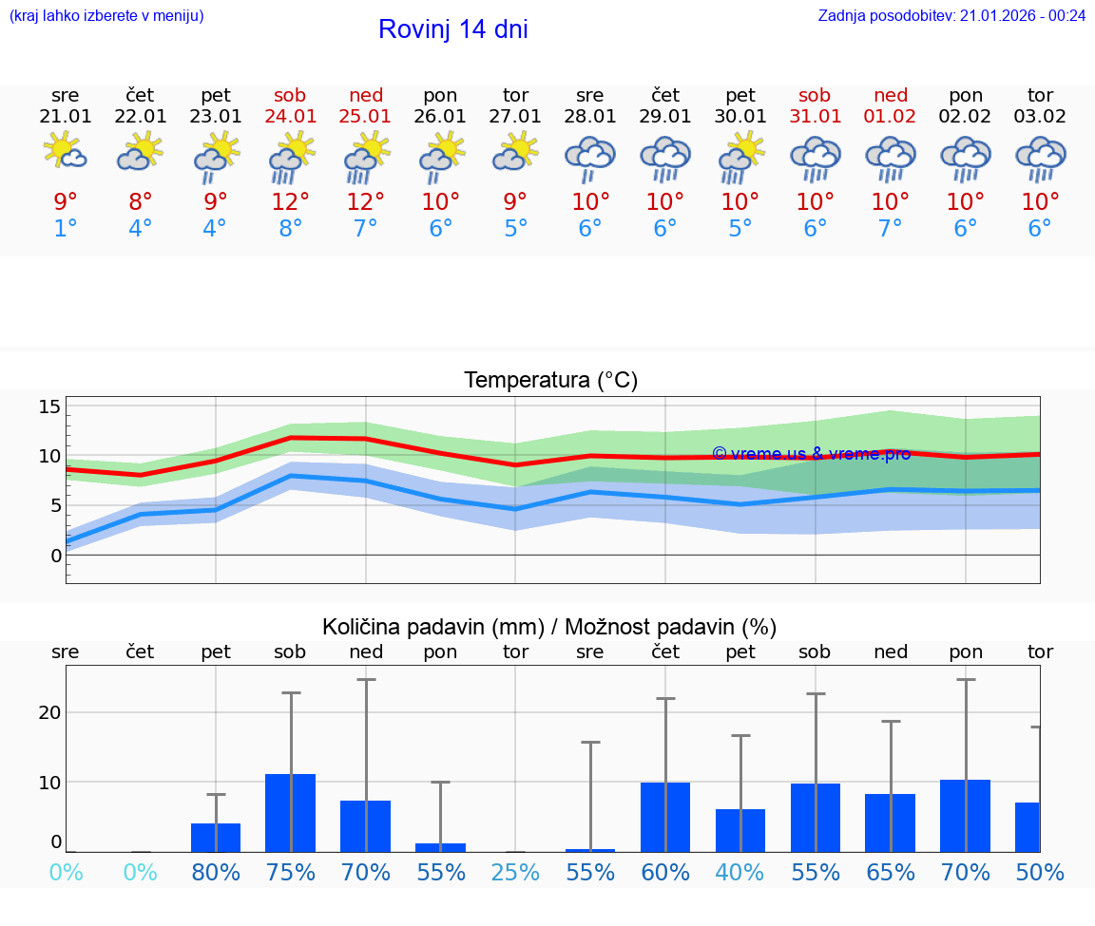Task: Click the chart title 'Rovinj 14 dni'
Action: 452,29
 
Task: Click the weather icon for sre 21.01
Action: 66,152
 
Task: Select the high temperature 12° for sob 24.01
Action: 291,201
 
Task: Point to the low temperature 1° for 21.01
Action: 66,229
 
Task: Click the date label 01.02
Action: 891,117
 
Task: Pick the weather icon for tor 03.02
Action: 1040,159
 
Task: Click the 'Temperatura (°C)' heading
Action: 550,381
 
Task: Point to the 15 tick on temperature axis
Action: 49,406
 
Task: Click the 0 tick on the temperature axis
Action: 55,555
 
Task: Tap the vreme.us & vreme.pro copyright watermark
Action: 811,454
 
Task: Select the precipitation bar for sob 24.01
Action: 290,813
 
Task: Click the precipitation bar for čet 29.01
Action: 665,817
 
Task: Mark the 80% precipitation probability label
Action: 216,872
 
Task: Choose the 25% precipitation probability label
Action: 515,872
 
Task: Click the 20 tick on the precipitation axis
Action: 49,712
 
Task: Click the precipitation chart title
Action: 549,627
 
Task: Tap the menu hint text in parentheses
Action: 106,15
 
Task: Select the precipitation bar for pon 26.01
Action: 440,847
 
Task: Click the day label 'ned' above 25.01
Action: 366,95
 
